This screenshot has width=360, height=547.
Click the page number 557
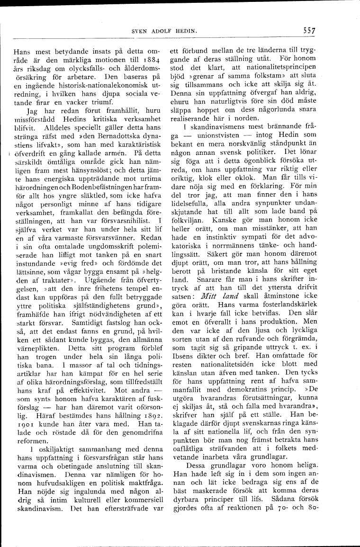click(x=310, y=31)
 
